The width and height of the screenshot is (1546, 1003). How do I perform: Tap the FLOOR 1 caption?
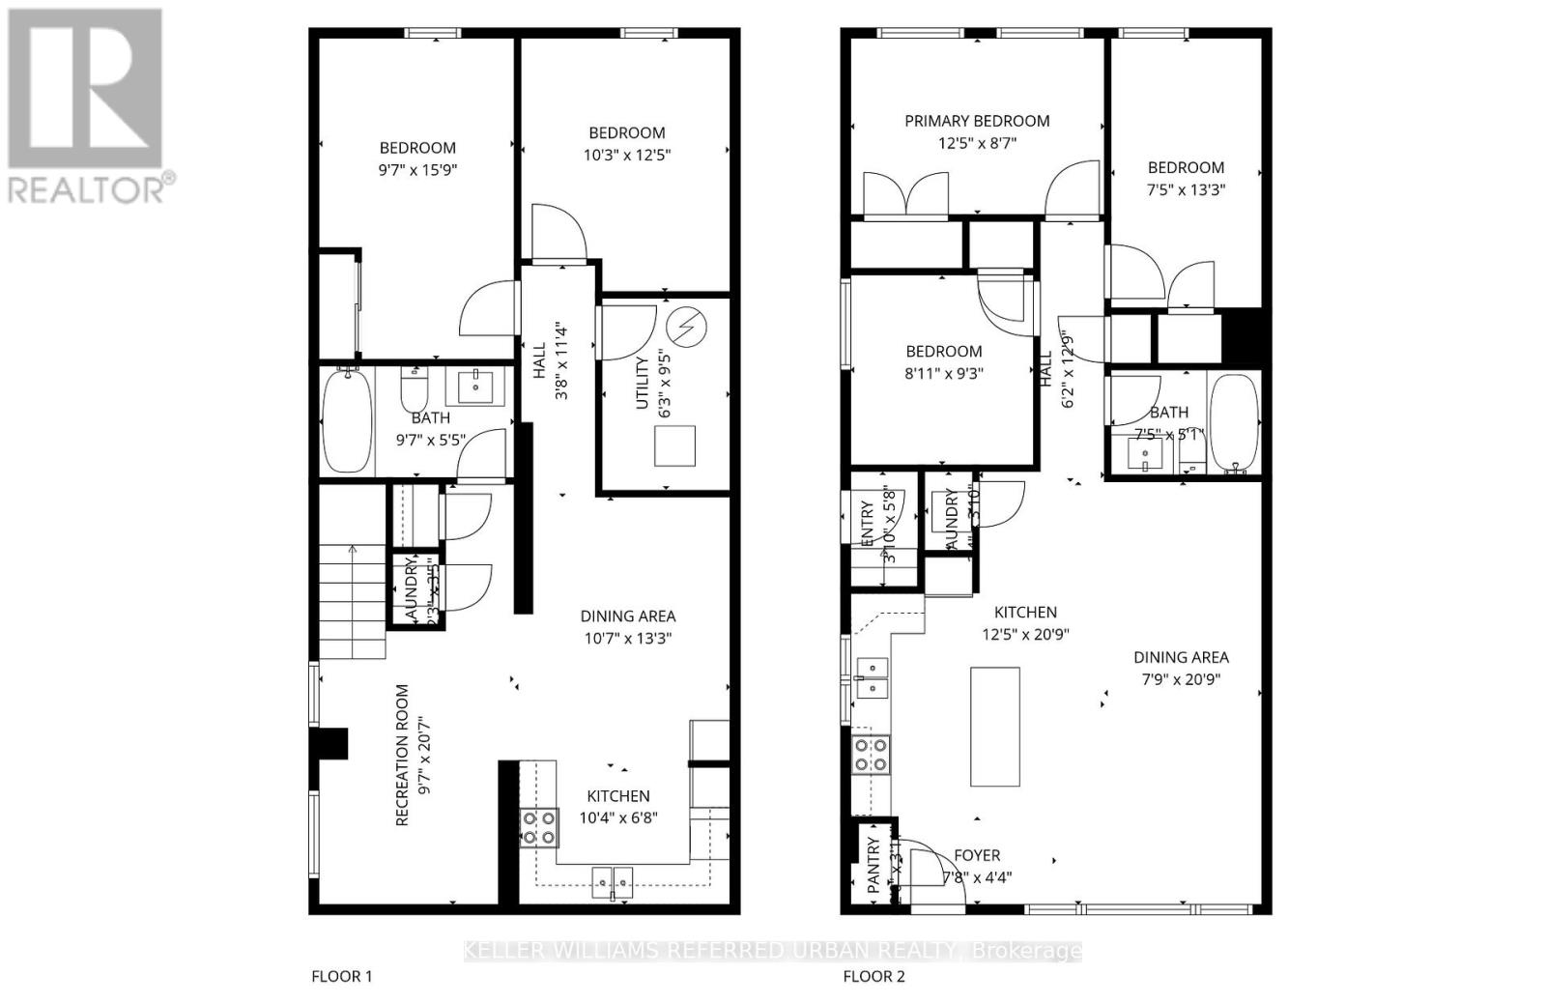click(x=341, y=976)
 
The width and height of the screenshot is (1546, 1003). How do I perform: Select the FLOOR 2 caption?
click(x=873, y=976)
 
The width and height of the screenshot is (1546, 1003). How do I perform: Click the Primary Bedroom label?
click(x=977, y=121)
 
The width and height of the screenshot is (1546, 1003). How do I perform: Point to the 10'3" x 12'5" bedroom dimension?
click(x=627, y=155)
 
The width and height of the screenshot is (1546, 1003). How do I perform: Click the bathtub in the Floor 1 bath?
click(x=347, y=422)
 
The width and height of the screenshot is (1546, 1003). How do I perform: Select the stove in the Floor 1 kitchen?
click(x=539, y=827)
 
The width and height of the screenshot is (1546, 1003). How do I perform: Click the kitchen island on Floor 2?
click(x=995, y=727)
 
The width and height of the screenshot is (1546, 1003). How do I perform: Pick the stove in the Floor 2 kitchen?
click(x=871, y=754)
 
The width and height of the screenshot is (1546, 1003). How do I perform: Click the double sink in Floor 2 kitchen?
click(x=873, y=677)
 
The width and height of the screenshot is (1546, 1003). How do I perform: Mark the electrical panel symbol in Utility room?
click(x=687, y=330)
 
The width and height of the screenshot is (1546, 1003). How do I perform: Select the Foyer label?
click(x=977, y=855)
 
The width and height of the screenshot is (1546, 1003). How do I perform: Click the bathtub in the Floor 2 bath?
click(x=1234, y=422)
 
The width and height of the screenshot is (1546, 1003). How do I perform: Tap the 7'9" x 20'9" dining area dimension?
click(x=1181, y=679)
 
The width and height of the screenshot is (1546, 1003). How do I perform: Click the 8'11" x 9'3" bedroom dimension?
click(x=944, y=373)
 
